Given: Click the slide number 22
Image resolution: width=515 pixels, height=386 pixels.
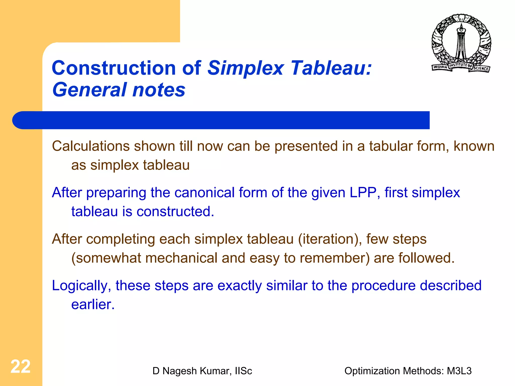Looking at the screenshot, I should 20,367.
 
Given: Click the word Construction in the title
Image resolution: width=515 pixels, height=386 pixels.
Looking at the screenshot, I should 114,68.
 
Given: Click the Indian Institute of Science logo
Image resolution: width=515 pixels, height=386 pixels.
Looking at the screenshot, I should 461,43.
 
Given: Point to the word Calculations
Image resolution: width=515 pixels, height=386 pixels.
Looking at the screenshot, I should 91,146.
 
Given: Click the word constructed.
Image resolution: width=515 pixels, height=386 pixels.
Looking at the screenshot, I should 175,212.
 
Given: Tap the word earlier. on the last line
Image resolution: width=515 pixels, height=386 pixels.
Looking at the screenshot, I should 93,305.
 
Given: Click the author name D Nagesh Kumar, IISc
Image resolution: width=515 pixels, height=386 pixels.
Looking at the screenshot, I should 202,371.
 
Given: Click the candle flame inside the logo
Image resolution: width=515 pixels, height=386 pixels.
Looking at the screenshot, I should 461,26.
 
